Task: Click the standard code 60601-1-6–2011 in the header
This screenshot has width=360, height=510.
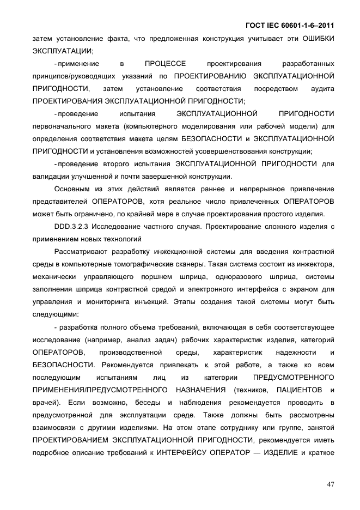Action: [x=305, y=25]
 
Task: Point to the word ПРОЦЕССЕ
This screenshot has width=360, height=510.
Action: [x=166, y=63]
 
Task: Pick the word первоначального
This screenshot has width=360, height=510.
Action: [x=59, y=126]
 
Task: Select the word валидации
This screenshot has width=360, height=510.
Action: [x=50, y=177]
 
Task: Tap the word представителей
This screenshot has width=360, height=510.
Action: [x=57, y=202]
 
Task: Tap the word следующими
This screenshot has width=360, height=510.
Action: [x=55, y=314]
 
